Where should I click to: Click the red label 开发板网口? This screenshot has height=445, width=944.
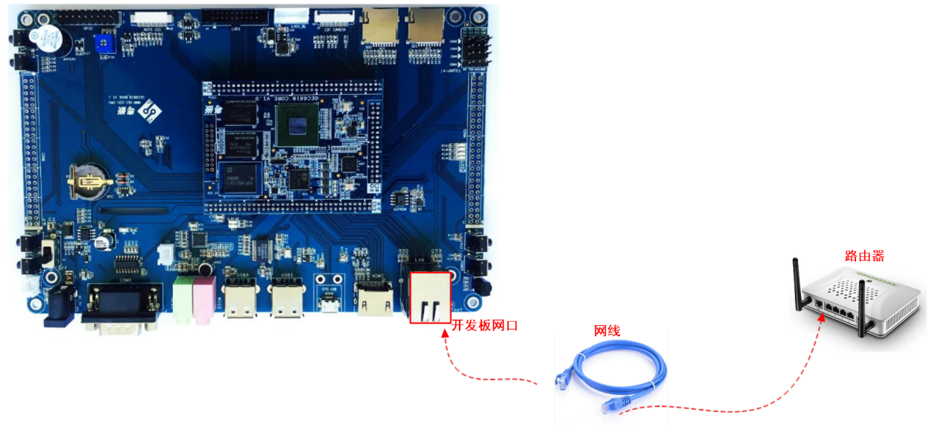[484, 326]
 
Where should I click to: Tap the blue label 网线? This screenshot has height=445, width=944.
[606, 331]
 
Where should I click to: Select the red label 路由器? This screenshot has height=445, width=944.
[864, 256]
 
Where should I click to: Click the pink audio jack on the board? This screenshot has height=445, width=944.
[203, 298]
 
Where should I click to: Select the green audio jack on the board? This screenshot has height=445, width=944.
[183, 299]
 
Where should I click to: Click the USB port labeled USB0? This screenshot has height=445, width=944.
[241, 301]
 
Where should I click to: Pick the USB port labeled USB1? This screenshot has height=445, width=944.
[285, 301]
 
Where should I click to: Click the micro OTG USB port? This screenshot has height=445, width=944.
[328, 303]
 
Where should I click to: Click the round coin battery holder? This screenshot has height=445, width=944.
[87, 181]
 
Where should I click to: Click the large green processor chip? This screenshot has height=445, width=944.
[296, 124]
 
